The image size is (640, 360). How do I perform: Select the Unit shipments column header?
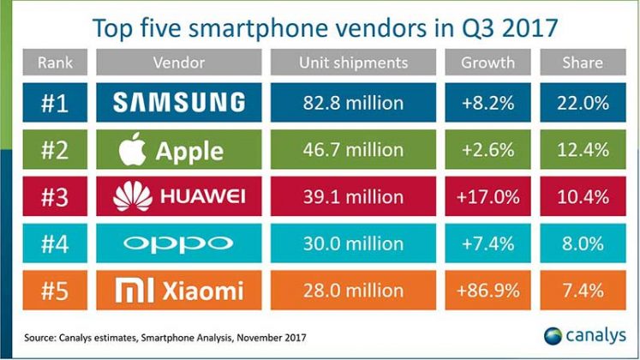click(x=353, y=63)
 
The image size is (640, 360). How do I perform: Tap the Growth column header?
click(x=487, y=63)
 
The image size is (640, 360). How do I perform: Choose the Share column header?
click(x=582, y=63)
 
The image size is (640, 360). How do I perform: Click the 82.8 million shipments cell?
click(x=353, y=104)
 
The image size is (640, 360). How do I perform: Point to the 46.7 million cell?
click(x=353, y=151)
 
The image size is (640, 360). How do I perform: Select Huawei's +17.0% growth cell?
click(x=487, y=197)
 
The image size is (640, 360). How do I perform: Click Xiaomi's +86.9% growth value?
click(x=487, y=291)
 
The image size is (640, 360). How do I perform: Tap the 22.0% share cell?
click(x=582, y=104)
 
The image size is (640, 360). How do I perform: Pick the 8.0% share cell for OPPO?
click(x=582, y=244)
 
